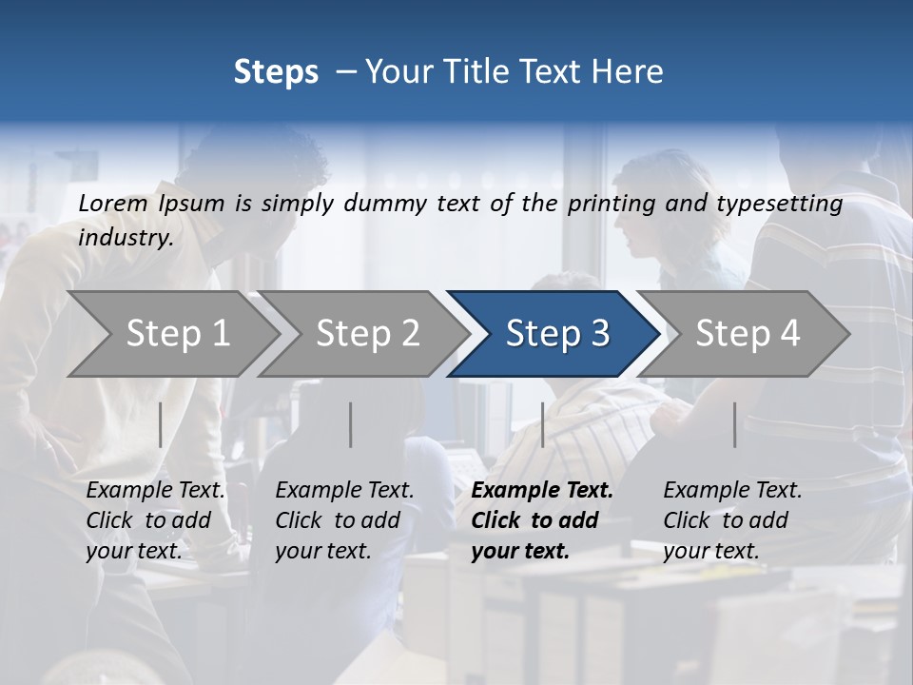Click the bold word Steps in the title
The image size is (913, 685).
[276, 72]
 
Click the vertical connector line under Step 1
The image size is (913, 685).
[161, 424]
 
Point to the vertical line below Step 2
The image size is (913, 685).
[351, 424]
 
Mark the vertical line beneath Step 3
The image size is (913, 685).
[543, 424]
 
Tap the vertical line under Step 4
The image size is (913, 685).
[735, 424]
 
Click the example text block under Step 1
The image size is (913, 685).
[155, 520]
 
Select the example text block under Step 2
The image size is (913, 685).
[344, 520]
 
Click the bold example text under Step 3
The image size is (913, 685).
[541, 520]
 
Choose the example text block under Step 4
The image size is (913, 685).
[732, 520]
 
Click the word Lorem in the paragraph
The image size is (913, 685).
[113, 204]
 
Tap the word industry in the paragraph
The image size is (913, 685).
[125, 238]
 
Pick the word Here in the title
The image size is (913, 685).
[632, 72]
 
